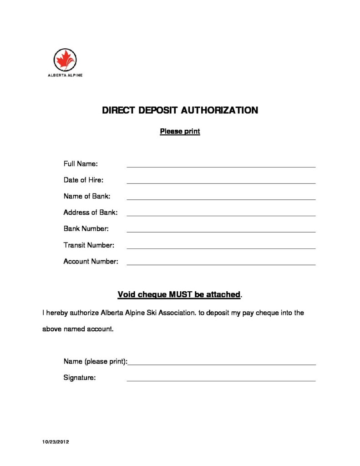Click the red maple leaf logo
click(65, 60)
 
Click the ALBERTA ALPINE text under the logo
click(65, 76)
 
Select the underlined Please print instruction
click(180, 132)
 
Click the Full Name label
click(81, 163)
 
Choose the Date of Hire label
click(83, 180)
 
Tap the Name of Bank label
click(86, 196)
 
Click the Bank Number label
click(86, 228)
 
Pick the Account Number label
click(91, 261)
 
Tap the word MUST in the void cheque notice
click(181, 294)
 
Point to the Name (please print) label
click(95, 361)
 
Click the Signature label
click(79, 377)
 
